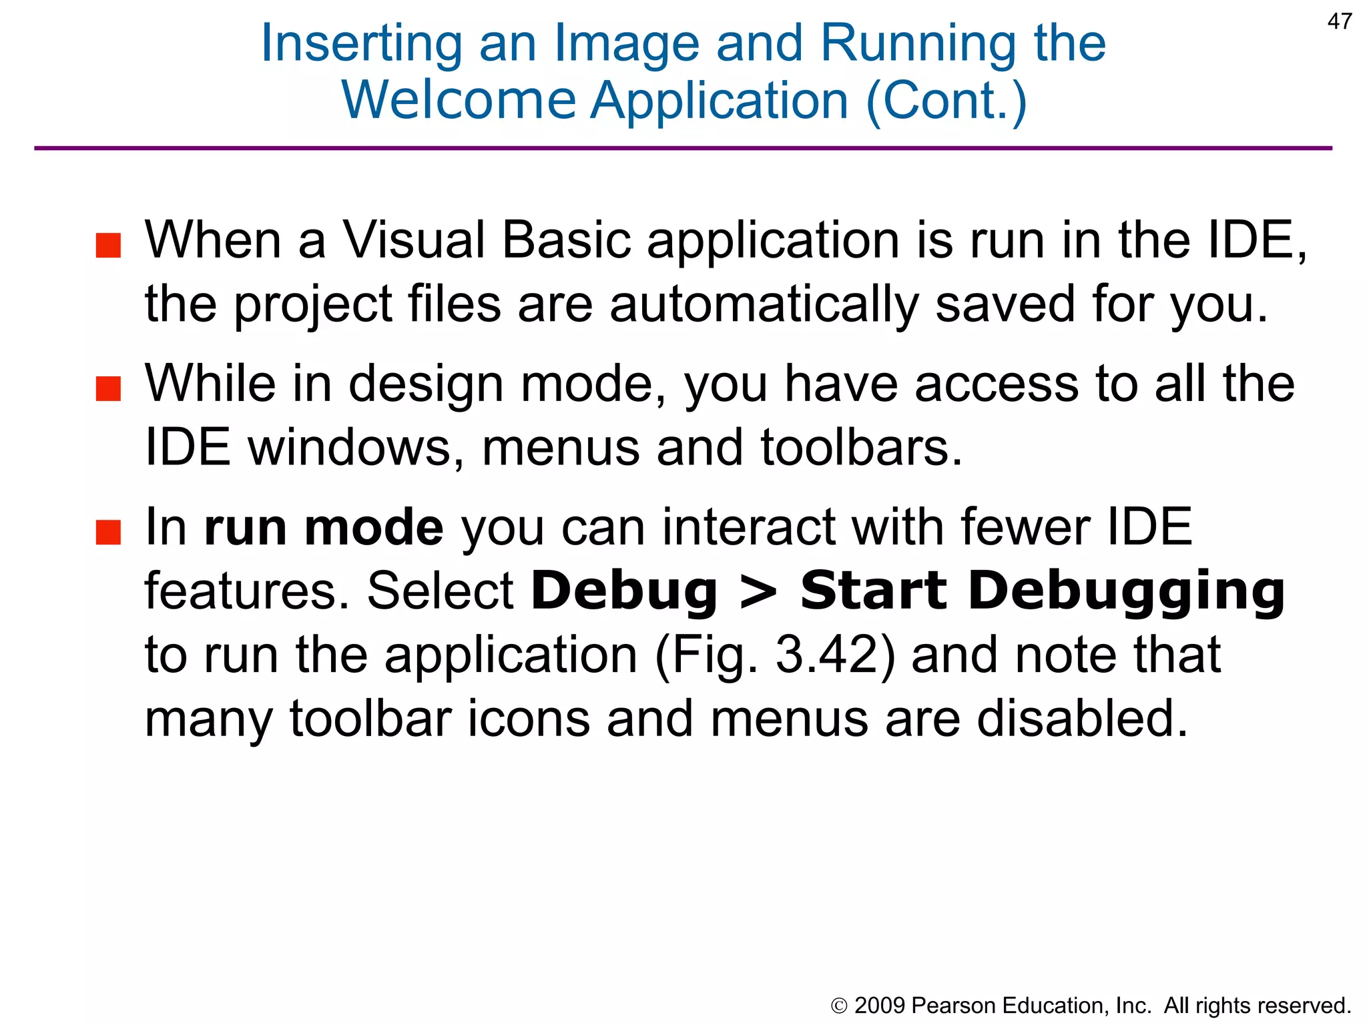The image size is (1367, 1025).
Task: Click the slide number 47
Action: pos(1339,21)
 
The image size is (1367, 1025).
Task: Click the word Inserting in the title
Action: pos(361,43)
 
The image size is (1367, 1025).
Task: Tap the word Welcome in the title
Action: pos(459,101)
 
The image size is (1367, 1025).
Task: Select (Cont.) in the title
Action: pos(946,101)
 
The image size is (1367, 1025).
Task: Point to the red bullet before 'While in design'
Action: pos(108,388)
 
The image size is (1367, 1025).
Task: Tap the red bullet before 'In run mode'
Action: pos(108,532)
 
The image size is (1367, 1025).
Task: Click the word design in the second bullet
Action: pos(425,385)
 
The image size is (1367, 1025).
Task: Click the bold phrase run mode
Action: pos(324,528)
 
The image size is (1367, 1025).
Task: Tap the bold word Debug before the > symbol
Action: pos(623,592)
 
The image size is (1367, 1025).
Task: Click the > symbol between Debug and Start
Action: pos(759,592)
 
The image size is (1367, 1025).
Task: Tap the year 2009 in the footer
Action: pos(880,1006)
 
